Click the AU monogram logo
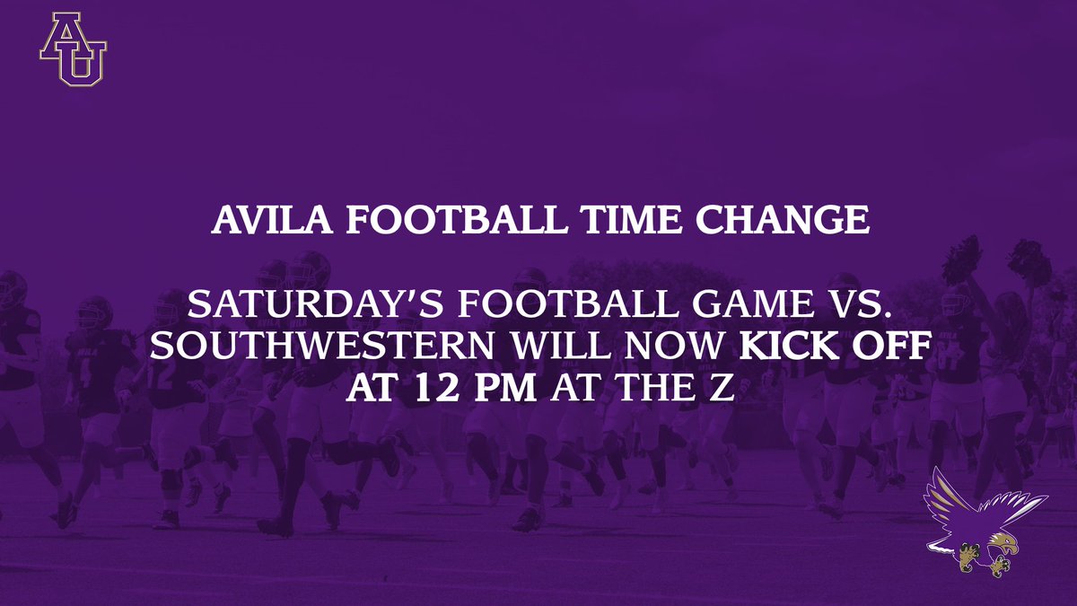point(73,50)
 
